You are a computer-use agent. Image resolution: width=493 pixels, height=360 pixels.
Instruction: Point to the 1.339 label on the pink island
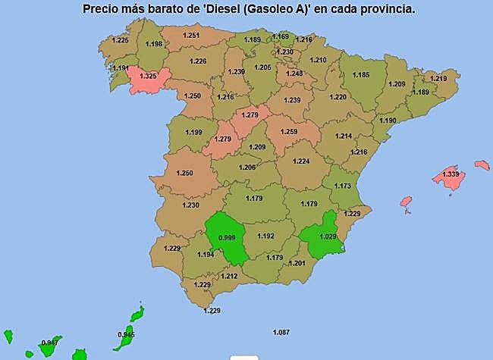click(451, 175)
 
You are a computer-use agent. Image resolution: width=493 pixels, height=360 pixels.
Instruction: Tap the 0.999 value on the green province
click(226, 238)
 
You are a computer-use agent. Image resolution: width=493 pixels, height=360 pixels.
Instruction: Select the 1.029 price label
click(327, 237)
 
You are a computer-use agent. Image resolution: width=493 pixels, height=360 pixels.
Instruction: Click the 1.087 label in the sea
click(281, 332)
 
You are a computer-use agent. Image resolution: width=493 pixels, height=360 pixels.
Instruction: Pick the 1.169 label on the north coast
click(281, 36)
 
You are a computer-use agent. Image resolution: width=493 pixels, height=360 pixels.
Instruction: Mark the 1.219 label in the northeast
click(438, 79)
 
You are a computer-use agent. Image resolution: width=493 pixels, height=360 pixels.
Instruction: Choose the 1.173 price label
click(343, 186)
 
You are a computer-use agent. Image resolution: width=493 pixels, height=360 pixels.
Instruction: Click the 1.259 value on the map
click(288, 132)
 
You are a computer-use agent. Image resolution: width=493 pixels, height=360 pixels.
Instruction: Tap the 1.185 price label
click(361, 75)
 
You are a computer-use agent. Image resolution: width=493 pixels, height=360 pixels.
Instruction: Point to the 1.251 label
click(191, 36)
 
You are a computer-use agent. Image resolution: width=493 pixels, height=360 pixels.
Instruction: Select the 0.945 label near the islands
click(126, 335)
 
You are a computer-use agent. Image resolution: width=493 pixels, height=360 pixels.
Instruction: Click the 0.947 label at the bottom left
click(50, 343)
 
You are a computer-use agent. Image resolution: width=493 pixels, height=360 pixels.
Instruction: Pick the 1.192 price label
click(265, 236)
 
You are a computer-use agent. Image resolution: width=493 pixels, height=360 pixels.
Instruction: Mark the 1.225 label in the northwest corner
click(121, 40)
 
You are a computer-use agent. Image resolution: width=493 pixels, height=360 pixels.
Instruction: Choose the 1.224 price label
click(301, 161)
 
